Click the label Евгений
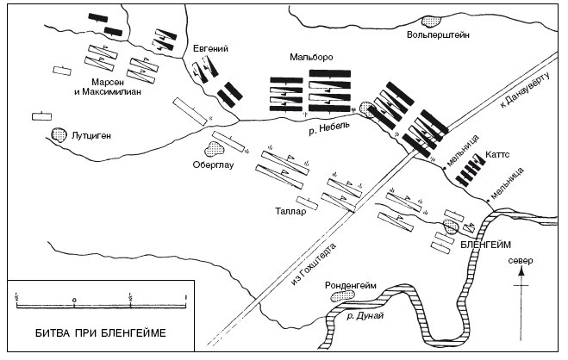pyautogui.click(x=211, y=49)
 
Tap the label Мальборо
pyautogui.click(x=312, y=57)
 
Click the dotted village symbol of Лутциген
pyautogui.click(x=59, y=135)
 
